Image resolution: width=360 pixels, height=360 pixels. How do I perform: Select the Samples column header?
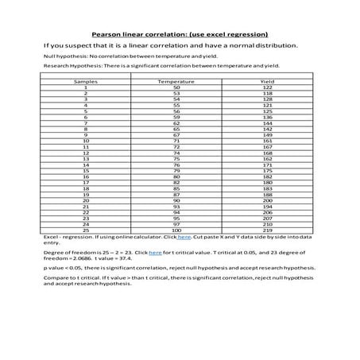tap(85, 82)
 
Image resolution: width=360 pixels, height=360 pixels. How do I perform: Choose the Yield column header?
tap(268, 82)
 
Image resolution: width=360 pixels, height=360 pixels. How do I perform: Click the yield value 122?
tap(268, 87)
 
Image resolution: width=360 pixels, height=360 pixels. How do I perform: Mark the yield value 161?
tap(268, 141)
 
